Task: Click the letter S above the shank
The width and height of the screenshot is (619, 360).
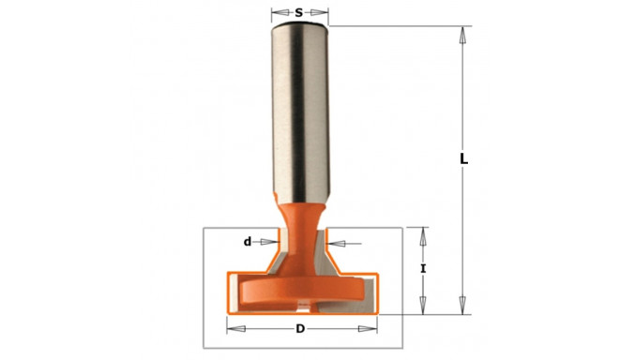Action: (x=298, y=13)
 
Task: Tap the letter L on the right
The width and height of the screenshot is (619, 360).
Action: (x=463, y=159)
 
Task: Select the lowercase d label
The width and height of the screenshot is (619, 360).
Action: (x=248, y=242)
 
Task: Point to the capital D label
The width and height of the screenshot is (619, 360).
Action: (x=300, y=329)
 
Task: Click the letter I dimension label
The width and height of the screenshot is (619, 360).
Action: (x=423, y=269)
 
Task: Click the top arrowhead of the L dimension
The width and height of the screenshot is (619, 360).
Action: (x=460, y=33)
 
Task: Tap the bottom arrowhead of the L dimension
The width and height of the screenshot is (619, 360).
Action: (x=460, y=307)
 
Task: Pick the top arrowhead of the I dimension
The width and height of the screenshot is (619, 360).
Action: (x=423, y=233)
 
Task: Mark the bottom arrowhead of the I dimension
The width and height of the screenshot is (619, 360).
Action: (x=423, y=307)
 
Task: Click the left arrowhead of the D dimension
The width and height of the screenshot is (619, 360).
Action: (x=234, y=329)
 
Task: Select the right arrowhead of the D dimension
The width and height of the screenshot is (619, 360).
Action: (x=370, y=329)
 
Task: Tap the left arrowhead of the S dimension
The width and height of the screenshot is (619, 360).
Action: (x=277, y=13)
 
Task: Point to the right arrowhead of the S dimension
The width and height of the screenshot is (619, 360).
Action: (x=322, y=13)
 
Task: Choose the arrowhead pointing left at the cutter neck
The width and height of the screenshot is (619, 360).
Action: (x=339, y=244)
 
